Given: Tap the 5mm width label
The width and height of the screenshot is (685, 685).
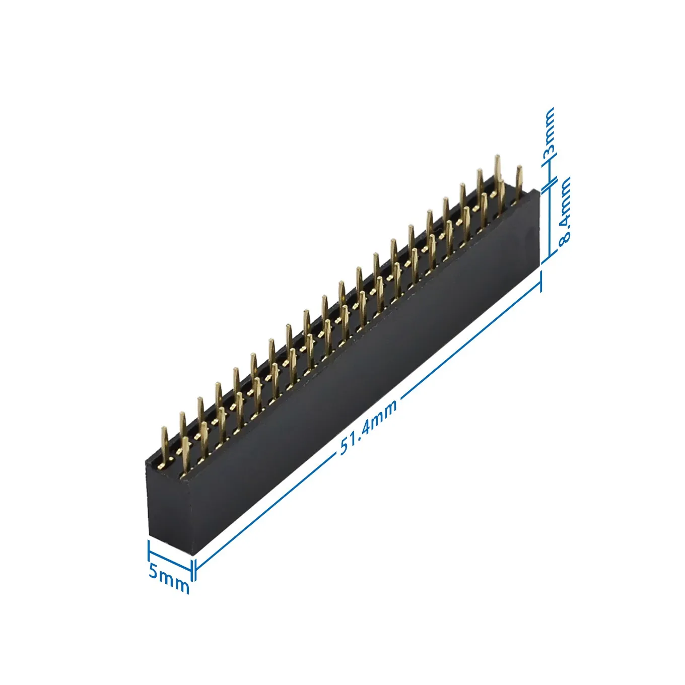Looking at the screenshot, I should [x=169, y=579].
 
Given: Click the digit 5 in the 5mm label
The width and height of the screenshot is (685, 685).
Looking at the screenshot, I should [x=154, y=572].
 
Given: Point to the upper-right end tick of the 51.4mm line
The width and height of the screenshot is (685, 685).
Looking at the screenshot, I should [x=541, y=281].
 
